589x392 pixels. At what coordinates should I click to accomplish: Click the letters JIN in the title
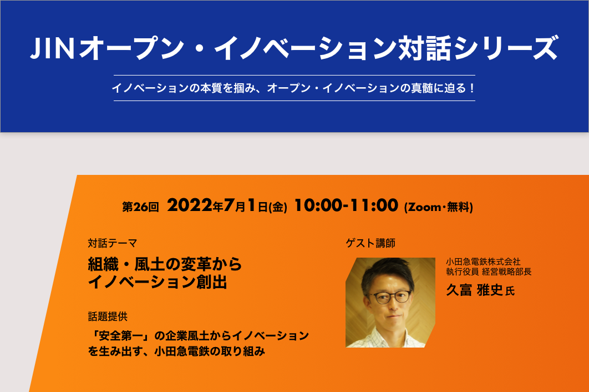(x=52, y=48)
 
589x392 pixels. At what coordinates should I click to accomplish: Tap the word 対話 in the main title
(x=425, y=48)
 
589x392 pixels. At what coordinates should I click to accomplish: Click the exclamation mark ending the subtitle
(x=472, y=88)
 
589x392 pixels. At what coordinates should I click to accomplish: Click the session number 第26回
(x=140, y=207)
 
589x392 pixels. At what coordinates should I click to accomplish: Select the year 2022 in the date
(x=190, y=205)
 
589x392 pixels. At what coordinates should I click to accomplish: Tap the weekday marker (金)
(x=278, y=207)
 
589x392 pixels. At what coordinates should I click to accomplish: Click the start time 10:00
(x=318, y=205)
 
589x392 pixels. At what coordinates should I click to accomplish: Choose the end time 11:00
(x=374, y=205)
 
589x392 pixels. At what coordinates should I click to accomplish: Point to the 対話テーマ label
(x=113, y=243)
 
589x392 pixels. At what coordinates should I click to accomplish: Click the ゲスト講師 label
(x=370, y=243)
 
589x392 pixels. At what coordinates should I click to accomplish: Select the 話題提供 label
(x=108, y=316)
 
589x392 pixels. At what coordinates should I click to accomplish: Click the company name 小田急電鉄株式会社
(x=483, y=262)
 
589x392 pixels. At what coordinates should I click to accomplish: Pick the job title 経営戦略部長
(x=507, y=272)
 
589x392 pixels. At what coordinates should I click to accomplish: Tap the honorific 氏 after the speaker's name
(x=510, y=291)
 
